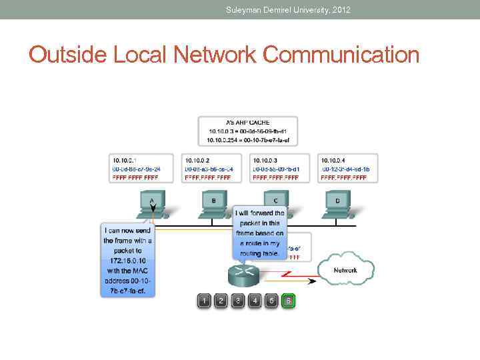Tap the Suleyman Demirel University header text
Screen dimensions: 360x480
point(288,10)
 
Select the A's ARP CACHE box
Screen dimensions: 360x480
point(248,131)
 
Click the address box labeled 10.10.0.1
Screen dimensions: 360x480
point(140,169)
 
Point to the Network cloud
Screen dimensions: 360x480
point(345,269)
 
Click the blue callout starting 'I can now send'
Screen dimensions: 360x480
point(127,260)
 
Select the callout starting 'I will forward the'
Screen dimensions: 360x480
point(260,233)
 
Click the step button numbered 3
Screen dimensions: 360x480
point(238,301)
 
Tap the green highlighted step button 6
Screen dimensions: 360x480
point(288,301)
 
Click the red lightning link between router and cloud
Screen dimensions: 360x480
point(287,273)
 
